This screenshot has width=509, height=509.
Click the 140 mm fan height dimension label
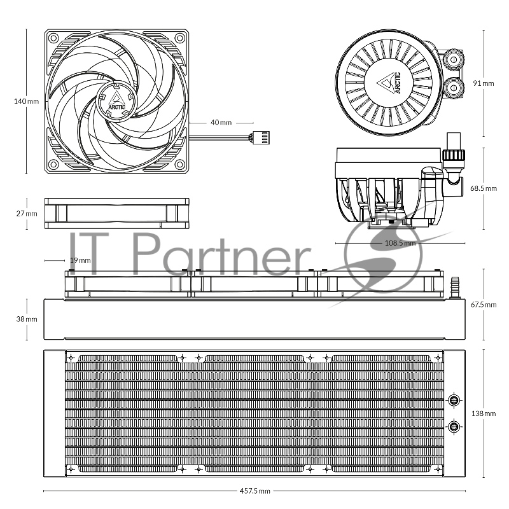click(x=26, y=101)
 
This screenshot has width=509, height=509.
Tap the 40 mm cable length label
click(x=221, y=122)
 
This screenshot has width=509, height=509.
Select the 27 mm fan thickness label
click(x=27, y=214)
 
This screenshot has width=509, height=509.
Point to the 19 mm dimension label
click(x=80, y=260)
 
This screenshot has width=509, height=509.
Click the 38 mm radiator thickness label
click(x=27, y=319)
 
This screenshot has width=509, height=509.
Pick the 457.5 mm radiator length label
click(x=255, y=491)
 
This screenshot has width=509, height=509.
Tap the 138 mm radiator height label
click(x=484, y=414)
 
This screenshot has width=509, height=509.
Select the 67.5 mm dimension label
click(x=484, y=305)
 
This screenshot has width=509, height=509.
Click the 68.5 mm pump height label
click(x=484, y=188)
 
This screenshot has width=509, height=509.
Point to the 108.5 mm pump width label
click(x=400, y=243)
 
